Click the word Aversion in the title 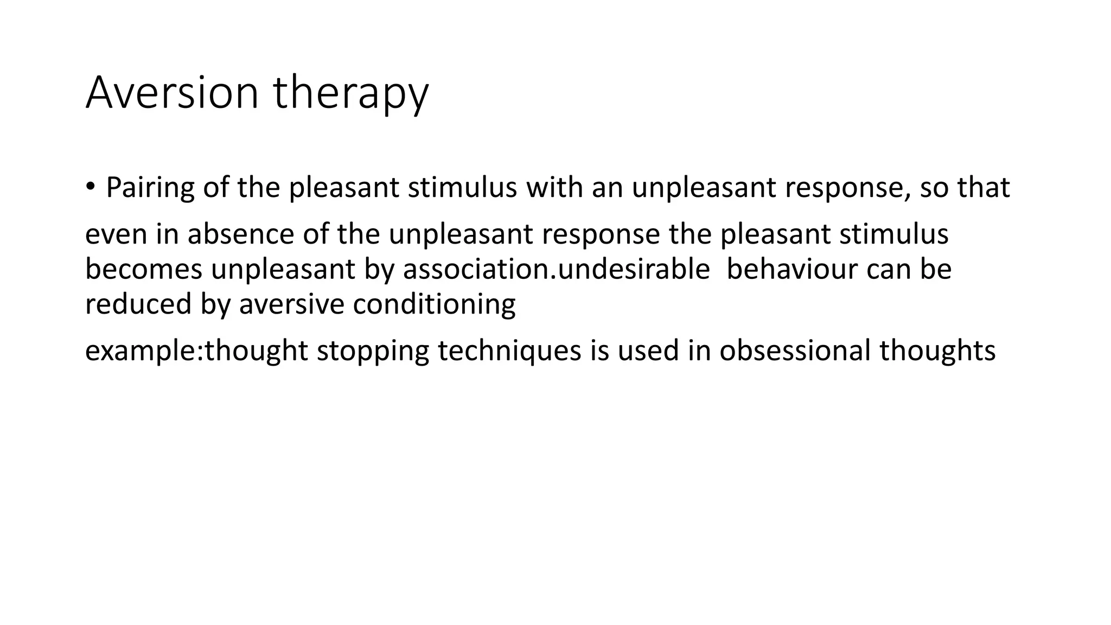click(x=171, y=93)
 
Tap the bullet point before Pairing click(x=90, y=187)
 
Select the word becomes click(x=144, y=269)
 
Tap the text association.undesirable click(x=556, y=269)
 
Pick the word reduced click(x=138, y=304)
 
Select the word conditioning click(x=434, y=304)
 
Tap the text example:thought click(x=196, y=350)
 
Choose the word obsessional click(x=795, y=350)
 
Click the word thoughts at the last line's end click(x=937, y=350)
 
